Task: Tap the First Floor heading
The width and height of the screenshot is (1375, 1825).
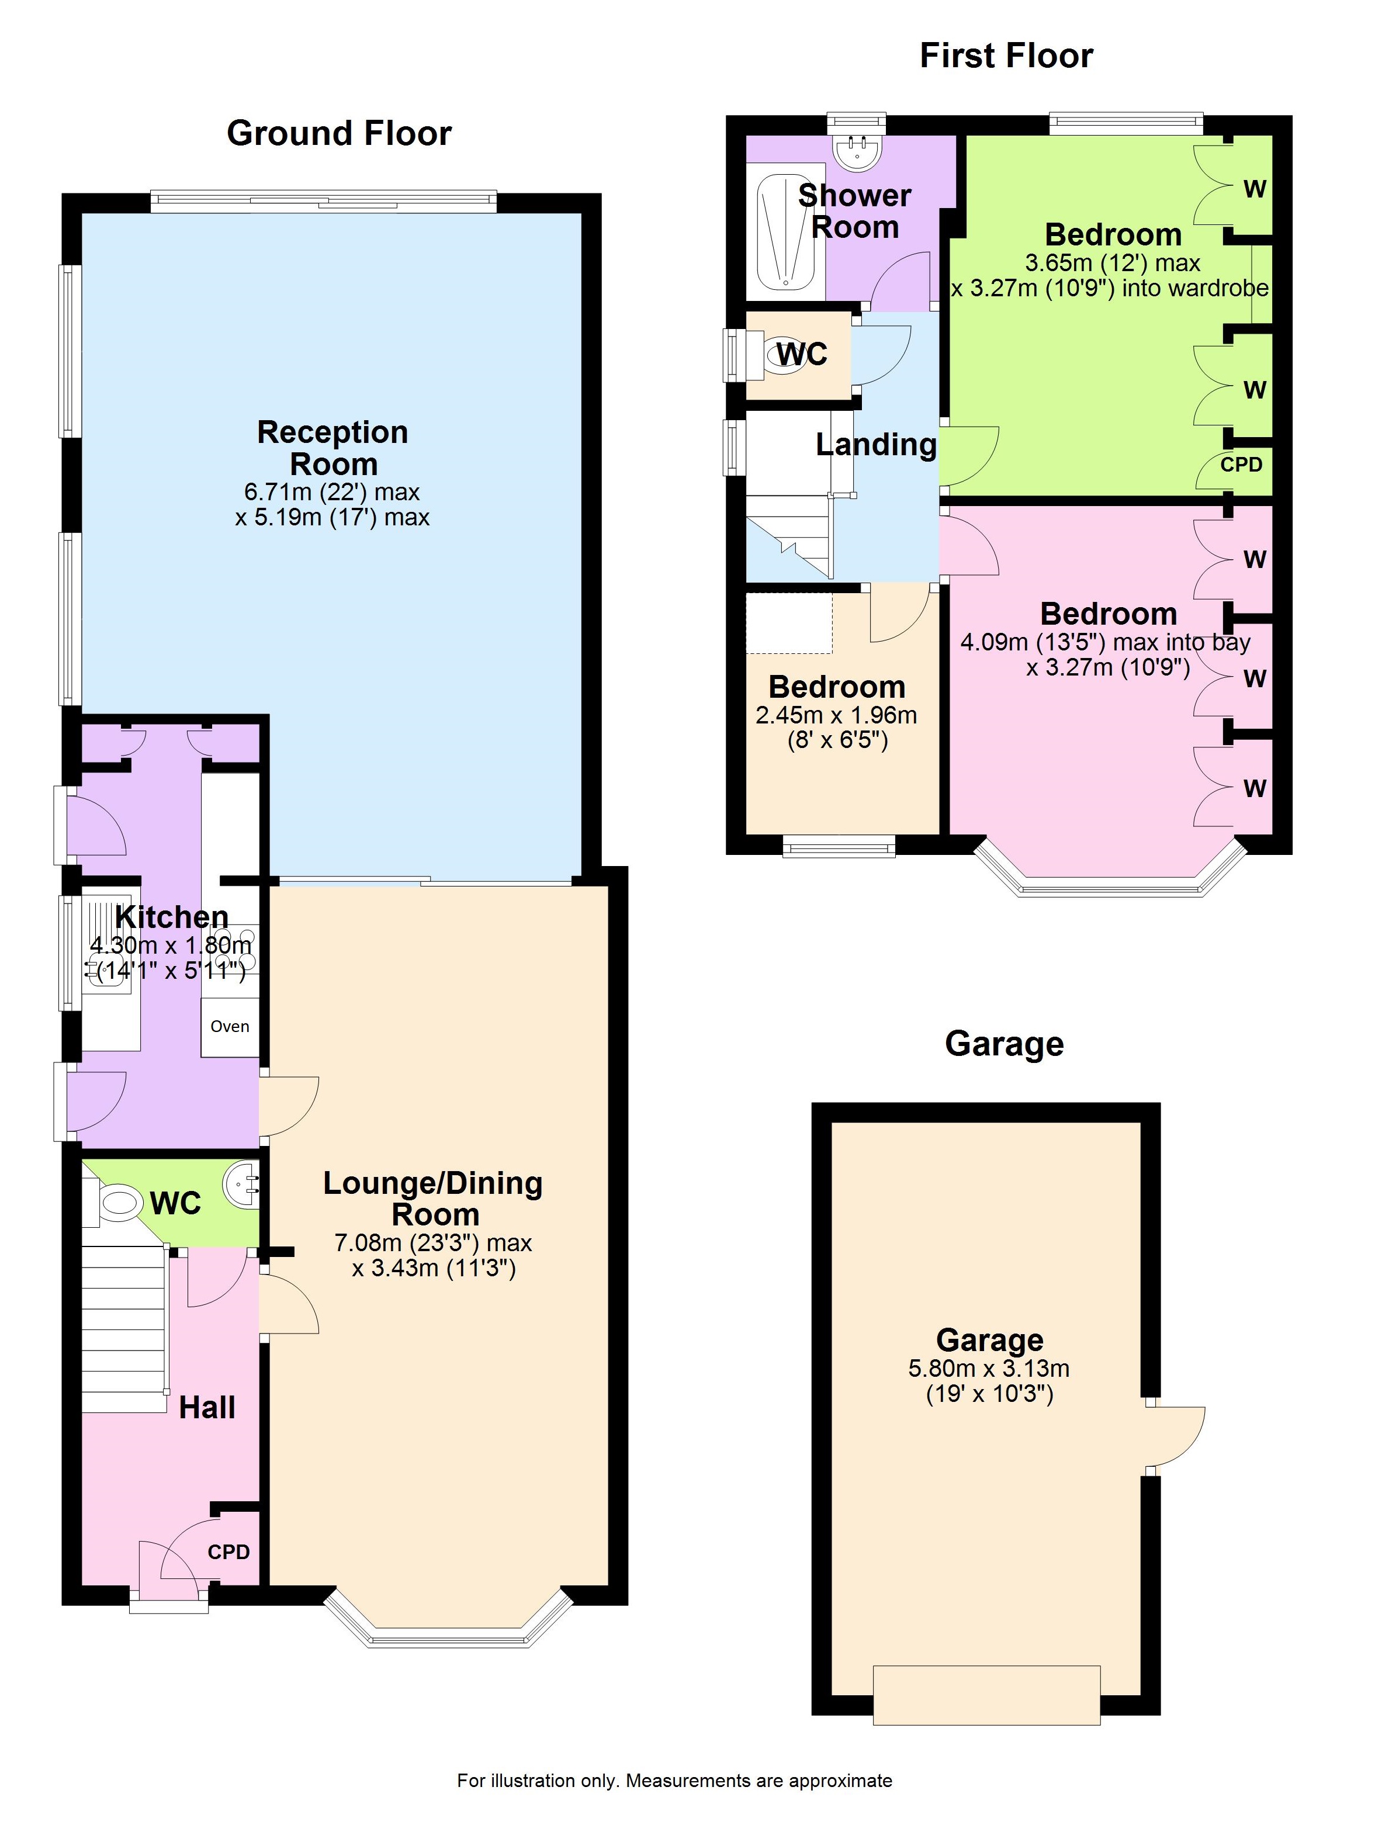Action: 1006,56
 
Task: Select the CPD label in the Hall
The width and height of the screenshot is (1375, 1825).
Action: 228,1552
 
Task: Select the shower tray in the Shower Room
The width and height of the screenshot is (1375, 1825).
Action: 784,232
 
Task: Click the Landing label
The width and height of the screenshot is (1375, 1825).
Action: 876,445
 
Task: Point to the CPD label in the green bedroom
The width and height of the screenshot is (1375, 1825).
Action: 1241,465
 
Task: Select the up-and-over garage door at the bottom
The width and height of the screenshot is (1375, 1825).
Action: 986,1695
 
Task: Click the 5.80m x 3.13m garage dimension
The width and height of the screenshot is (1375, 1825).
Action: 989,1369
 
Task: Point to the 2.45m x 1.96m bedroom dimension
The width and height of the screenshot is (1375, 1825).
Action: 836,715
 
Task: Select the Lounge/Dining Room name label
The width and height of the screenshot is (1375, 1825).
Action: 433,1199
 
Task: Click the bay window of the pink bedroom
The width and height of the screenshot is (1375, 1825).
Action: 1110,870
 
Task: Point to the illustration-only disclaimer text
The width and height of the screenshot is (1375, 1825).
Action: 675,1781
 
